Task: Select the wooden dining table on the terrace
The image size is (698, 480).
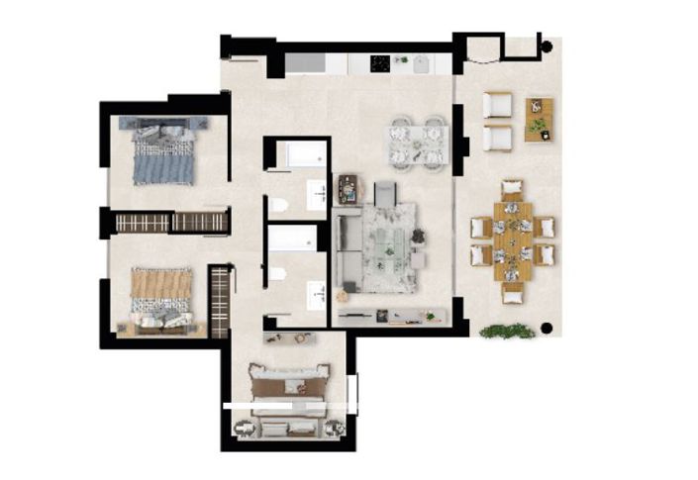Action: [513, 239]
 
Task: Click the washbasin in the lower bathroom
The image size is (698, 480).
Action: [318, 293]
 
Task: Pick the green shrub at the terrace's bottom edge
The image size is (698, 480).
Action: [508, 332]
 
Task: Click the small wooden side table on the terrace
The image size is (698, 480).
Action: [538, 119]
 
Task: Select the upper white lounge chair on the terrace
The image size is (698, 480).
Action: [497, 104]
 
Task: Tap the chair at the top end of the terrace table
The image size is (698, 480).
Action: [512, 188]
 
